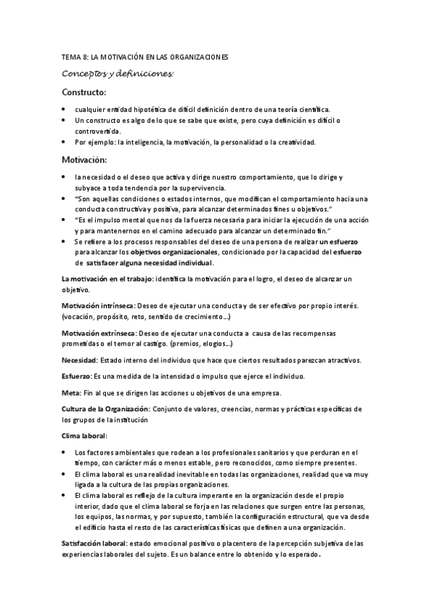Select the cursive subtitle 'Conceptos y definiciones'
pos(118,74)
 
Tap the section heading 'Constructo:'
pos(84,92)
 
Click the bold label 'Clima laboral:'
pos(84,436)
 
